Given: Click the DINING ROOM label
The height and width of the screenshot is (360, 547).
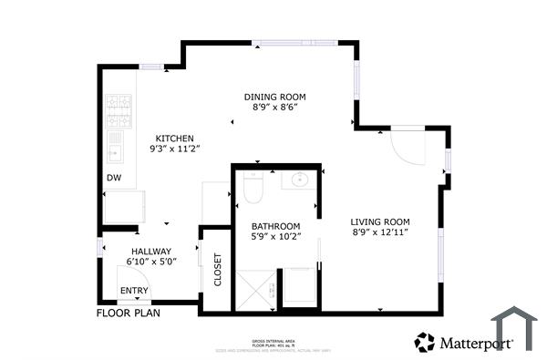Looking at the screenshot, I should click(274, 96).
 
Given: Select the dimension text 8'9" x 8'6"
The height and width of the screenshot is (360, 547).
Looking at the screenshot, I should click(274, 108).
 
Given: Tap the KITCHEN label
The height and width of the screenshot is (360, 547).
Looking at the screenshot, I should click(174, 139).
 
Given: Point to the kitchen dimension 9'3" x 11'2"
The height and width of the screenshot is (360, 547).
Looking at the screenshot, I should click(174, 149).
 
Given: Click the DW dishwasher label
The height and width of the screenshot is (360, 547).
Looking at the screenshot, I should click(114, 178).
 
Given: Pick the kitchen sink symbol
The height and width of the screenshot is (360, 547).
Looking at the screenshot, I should click(116, 144).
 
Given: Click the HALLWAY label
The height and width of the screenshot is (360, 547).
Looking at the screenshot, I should click(150, 251).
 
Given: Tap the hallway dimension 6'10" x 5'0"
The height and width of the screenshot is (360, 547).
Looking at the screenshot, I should click(150, 262).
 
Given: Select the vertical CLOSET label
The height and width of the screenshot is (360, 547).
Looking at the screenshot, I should click(218, 271).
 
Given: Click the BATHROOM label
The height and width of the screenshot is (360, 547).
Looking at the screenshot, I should click(275, 226).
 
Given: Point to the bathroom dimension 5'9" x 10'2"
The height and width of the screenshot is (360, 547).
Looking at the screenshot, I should click(275, 237).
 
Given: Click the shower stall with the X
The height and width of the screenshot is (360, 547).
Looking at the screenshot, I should click(258, 290).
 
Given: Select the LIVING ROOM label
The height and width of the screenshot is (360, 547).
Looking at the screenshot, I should click(380, 221).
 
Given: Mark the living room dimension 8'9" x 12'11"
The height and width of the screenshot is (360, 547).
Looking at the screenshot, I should click(380, 232).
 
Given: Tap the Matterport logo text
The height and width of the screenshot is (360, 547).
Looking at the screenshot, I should click(476, 344).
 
